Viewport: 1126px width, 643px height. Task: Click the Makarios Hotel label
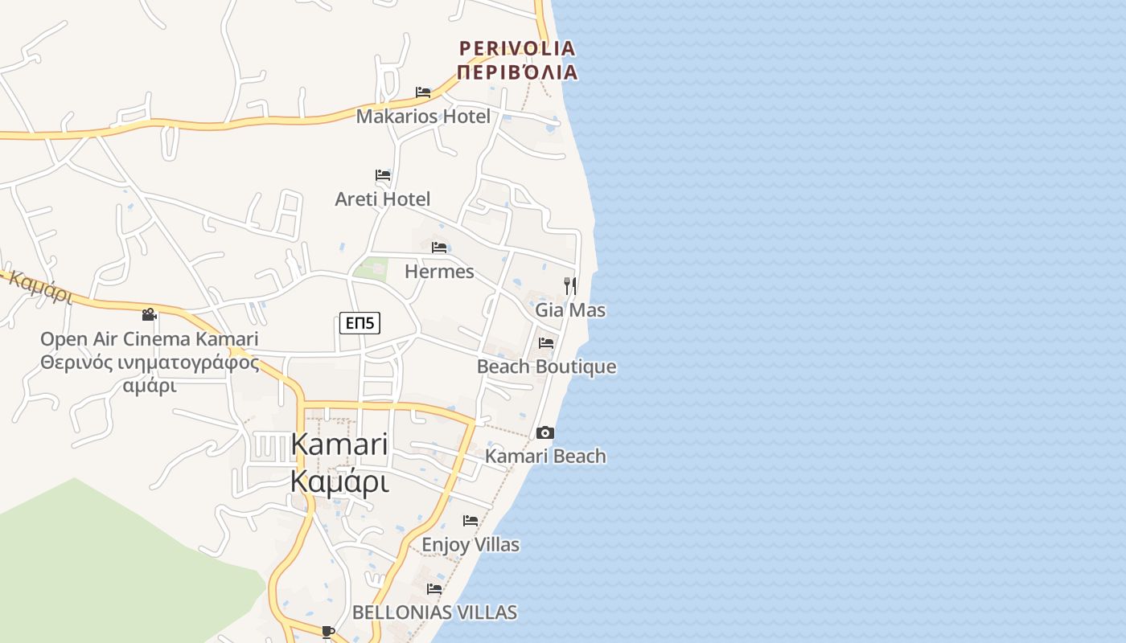(x=423, y=117)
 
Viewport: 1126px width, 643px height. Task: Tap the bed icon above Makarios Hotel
(x=423, y=92)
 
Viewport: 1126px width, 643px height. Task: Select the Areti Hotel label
(x=383, y=199)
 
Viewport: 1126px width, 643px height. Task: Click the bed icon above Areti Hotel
(x=383, y=175)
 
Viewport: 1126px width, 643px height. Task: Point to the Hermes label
(x=439, y=272)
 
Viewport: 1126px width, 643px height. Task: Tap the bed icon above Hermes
(x=439, y=248)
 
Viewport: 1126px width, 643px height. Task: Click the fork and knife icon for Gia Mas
(x=570, y=285)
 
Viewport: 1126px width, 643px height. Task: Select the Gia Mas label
(x=570, y=310)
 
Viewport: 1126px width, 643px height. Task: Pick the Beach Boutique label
(x=547, y=367)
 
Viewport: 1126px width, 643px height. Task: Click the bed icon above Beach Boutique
(x=546, y=343)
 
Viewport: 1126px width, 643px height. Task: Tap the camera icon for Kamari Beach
(x=545, y=432)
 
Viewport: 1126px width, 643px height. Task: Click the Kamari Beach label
(x=545, y=457)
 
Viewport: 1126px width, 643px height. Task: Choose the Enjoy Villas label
(x=471, y=545)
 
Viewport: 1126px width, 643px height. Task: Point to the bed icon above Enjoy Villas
(x=471, y=521)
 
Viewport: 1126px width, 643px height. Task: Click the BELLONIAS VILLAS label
(x=434, y=612)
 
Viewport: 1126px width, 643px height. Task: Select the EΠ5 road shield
(x=360, y=323)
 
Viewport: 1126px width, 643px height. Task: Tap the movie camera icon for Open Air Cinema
(x=149, y=314)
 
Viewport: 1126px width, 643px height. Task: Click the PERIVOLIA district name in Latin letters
(x=517, y=48)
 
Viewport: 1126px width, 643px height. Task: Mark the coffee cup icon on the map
(x=327, y=632)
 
